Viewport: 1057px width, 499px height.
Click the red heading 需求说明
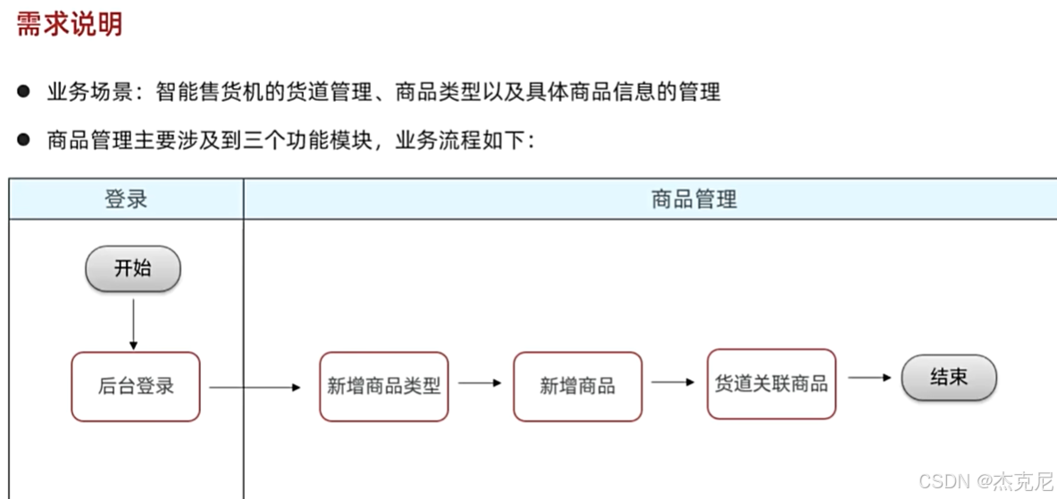tap(69, 24)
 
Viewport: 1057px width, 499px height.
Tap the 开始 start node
tap(132, 268)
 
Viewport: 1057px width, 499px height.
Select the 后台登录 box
tap(136, 387)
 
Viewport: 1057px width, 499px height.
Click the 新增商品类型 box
tap(383, 387)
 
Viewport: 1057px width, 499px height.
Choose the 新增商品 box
tap(577, 387)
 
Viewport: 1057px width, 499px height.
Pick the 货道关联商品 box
tap(771, 384)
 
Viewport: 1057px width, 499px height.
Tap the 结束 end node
tap(948, 378)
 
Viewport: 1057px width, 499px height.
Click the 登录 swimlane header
tap(126, 199)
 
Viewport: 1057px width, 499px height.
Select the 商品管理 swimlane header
tap(693, 199)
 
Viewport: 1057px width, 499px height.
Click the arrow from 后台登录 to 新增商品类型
tap(256, 387)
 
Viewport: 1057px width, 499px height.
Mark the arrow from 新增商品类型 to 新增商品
tap(480, 383)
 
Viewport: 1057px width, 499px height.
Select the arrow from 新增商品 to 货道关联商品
tap(673, 382)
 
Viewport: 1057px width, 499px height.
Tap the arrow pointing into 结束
tap(868, 378)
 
